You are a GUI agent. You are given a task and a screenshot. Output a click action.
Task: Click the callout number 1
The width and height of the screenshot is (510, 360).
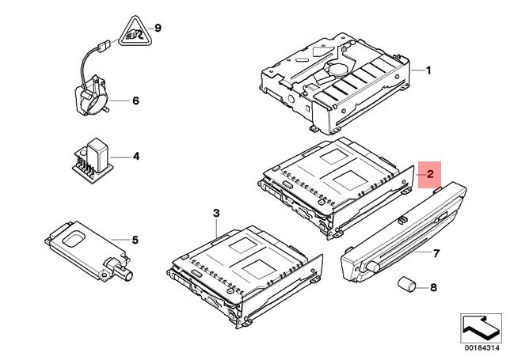click(428, 70)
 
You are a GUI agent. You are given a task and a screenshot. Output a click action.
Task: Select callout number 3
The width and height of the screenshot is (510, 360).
click(215, 213)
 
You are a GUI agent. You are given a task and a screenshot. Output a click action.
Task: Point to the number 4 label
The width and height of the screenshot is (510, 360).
click(135, 157)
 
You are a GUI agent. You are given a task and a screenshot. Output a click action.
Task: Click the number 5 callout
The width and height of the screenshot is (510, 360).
click(135, 238)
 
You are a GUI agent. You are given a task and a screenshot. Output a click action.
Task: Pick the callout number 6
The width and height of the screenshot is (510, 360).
click(135, 101)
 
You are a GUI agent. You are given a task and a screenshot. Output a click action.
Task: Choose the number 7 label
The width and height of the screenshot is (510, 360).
click(435, 253)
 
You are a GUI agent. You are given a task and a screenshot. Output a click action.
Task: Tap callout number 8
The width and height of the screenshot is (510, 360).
click(432, 288)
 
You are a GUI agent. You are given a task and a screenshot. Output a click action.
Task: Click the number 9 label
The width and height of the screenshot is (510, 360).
click(157, 28)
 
